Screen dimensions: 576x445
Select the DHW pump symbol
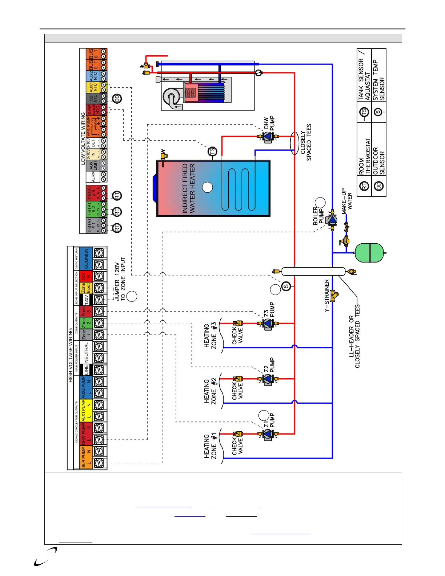click(268, 137)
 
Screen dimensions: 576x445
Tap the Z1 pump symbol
click(268, 434)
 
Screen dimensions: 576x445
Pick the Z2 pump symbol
click(268, 379)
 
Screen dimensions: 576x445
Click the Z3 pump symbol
click(268, 323)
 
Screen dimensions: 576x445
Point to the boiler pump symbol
click(332, 220)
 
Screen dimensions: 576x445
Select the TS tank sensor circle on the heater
click(212, 151)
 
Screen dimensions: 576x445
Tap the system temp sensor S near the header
click(286, 287)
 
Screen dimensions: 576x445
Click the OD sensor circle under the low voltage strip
click(117, 99)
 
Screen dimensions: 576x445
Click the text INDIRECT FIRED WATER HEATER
click(189, 188)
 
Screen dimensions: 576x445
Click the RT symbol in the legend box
click(364, 186)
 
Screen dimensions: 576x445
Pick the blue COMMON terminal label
click(86, 259)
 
